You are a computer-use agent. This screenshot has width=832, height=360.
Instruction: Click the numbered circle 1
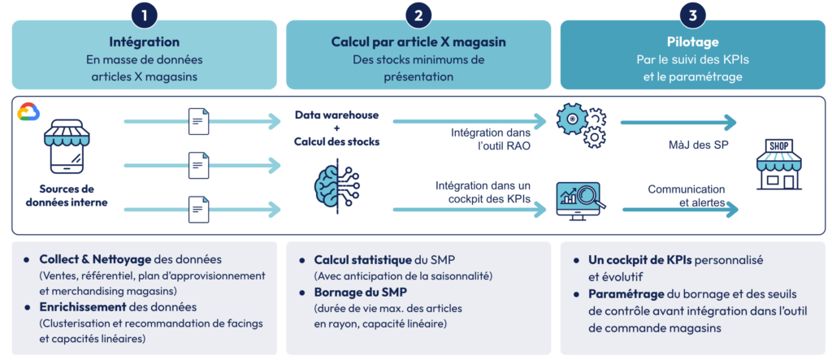(x=144, y=15)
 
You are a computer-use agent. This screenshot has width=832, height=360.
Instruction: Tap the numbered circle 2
(x=418, y=15)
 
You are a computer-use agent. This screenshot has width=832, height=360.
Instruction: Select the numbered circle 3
(x=692, y=15)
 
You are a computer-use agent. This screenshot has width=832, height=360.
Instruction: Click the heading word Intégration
(x=144, y=41)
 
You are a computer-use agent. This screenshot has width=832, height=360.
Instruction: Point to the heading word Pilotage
(x=692, y=41)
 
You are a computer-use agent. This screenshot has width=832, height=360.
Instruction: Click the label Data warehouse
(x=336, y=115)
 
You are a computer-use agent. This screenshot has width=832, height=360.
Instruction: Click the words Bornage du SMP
(x=356, y=292)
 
